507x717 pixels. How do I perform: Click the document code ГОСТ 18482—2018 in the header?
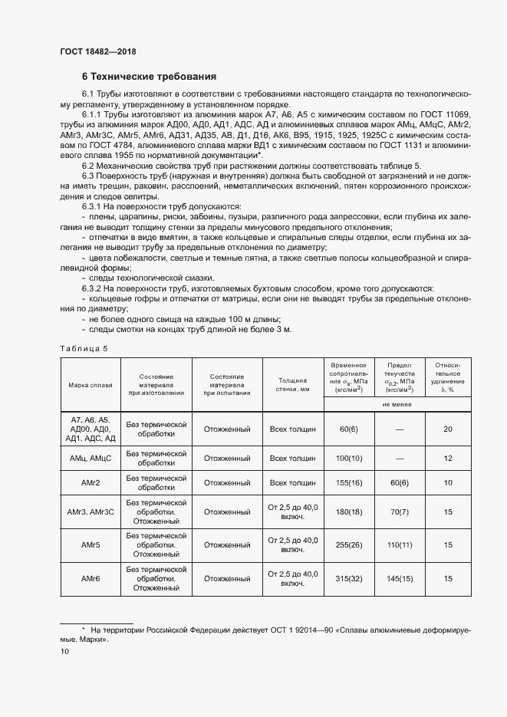tap(98, 52)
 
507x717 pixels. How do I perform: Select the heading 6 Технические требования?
tap(149, 77)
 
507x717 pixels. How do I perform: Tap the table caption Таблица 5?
tap(84, 348)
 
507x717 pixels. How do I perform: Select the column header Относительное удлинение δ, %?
tap(448, 377)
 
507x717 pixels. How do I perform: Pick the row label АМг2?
tap(90, 483)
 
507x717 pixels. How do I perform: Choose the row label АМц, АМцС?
tap(90, 457)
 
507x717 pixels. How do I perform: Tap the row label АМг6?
tap(90, 579)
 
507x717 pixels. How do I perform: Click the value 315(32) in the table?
tap(349, 579)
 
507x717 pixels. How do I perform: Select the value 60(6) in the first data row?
tap(349, 429)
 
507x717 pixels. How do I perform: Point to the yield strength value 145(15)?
tap(400, 579)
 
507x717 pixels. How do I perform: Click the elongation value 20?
tap(448, 429)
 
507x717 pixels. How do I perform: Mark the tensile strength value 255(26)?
tap(349, 544)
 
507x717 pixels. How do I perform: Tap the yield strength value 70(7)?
tap(400, 511)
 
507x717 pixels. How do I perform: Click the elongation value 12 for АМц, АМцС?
tap(448, 457)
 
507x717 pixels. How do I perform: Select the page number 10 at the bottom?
tap(64, 651)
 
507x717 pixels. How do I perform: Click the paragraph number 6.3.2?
tap(94, 288)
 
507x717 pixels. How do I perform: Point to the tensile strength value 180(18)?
tap(349, 511)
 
